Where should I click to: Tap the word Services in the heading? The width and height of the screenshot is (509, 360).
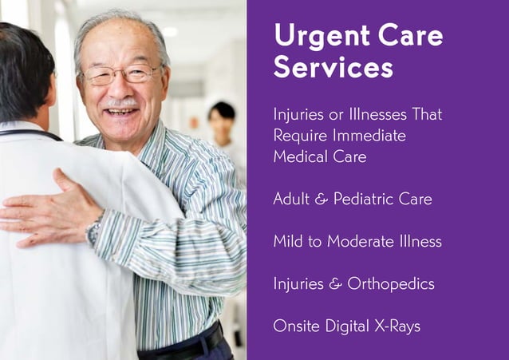click(x=333, y=67)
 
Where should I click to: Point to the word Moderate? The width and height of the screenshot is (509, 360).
click(x=370, y=241)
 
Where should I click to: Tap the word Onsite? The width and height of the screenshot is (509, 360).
click(x=294, y=326)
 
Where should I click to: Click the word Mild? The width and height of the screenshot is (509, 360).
click(x=287, y=241)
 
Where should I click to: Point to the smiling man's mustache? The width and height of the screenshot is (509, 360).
click(x=120, y=104)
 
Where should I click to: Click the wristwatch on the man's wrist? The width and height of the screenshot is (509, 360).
click(x=93, y=232)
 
